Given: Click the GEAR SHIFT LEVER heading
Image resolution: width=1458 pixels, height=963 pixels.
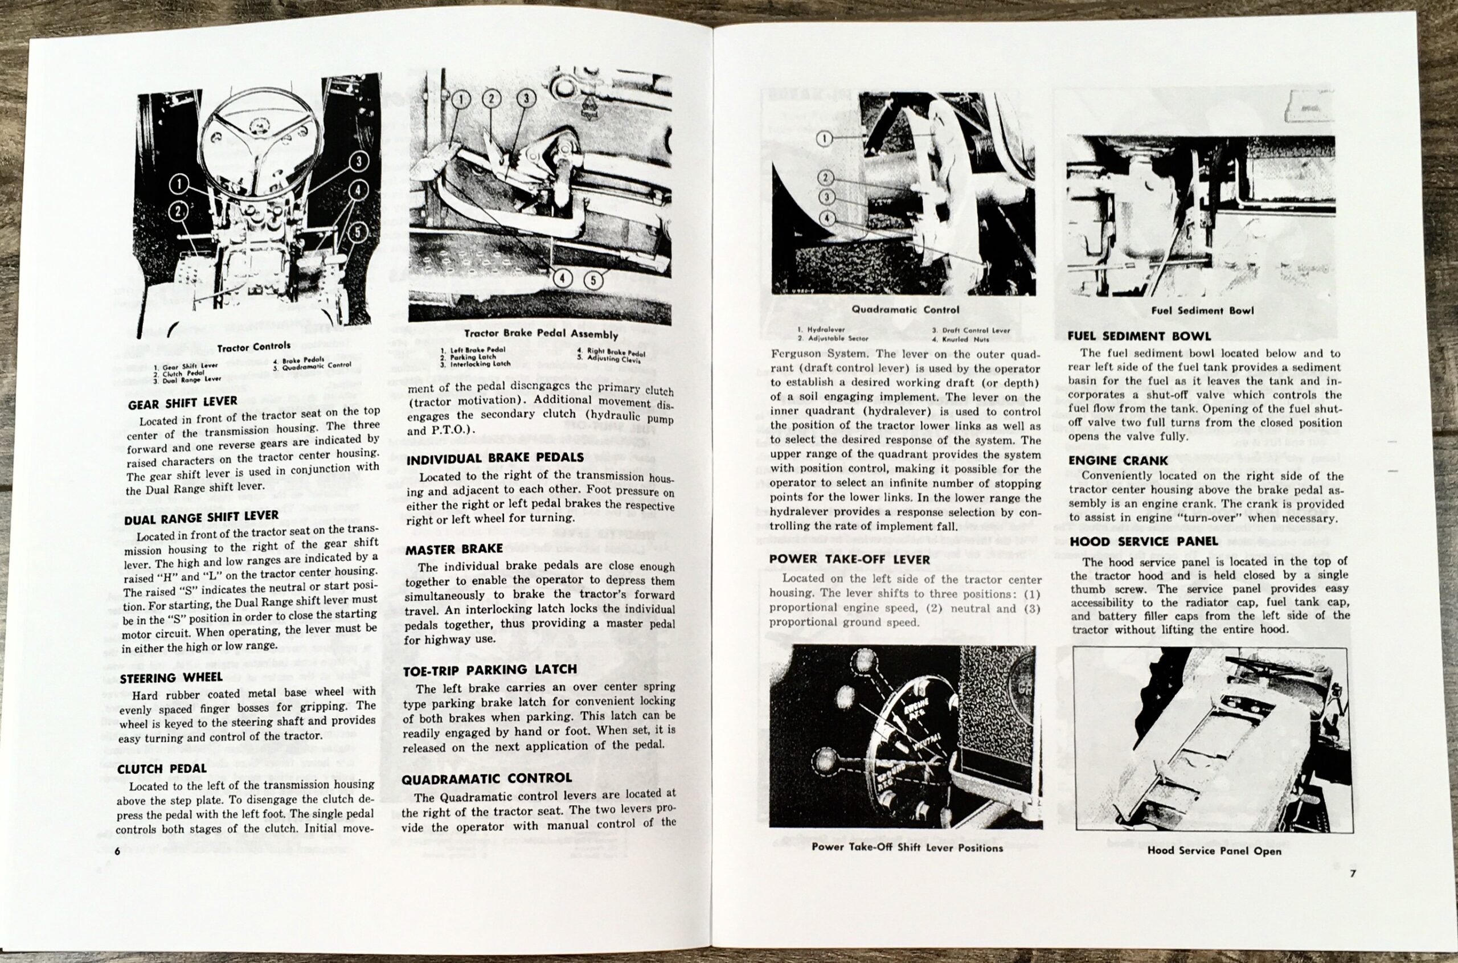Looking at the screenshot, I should (x=182, y=403).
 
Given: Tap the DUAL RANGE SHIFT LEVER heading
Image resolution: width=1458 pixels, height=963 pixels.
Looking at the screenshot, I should (x=201, y=517).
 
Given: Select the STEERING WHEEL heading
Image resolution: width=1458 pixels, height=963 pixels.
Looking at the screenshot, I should (x=171, y=678).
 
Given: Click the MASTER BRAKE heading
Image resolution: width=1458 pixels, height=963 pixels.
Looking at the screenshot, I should (x=454, y=549).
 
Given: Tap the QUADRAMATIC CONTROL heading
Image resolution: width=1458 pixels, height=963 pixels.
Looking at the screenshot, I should (x=486, y=778).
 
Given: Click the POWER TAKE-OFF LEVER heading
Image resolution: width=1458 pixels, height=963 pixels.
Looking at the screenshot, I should (x=849, y=559).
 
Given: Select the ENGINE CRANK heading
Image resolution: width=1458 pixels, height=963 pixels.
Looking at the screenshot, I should (x=1118, y=461).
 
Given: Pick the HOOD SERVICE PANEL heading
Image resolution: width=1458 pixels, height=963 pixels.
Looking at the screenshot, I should (x=1144, y=541).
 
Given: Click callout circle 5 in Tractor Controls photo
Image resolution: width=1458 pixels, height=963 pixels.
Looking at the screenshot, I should (x=358, y=232).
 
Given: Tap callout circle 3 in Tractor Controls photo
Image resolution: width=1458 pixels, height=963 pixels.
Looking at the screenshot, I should (x=359, y=162).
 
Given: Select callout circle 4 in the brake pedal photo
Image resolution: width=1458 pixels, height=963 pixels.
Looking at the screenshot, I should (x=562, y=279).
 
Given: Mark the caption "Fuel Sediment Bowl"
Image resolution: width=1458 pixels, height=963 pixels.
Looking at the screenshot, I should (x=1202, y=311).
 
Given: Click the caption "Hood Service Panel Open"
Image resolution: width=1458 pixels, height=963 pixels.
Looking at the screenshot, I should (x=1214, y=851).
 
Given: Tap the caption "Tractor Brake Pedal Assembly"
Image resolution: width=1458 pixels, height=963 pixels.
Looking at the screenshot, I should (x=540, y=334).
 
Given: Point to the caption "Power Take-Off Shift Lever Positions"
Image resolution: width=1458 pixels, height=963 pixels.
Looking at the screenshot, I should (x=907, y=847).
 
